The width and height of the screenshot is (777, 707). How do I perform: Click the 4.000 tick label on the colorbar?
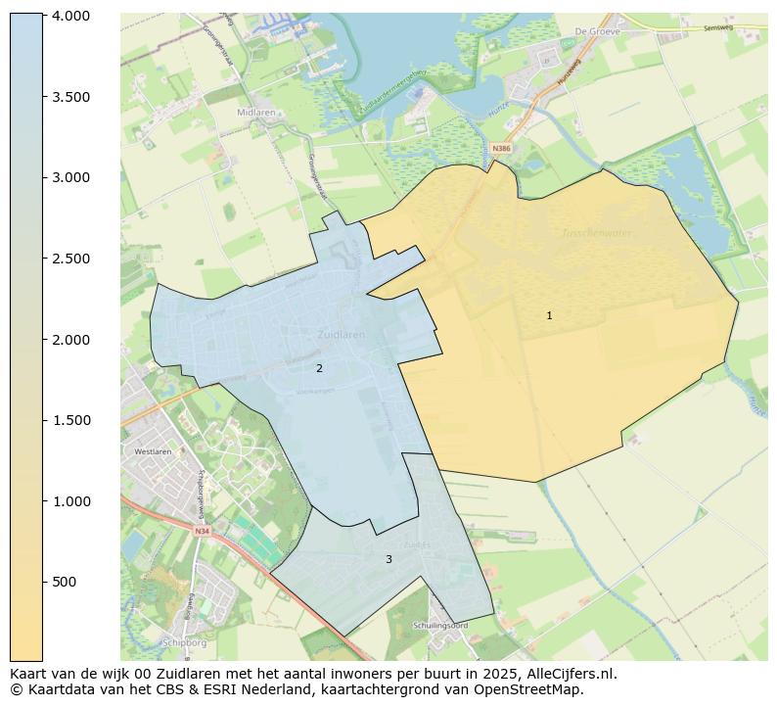tap(70, 16)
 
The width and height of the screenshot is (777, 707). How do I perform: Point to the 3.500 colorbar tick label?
tap(70, 97)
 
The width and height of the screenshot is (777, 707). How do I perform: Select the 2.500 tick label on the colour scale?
tap(70, 259)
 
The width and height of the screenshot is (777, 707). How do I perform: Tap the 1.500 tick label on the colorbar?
tap(70, 420)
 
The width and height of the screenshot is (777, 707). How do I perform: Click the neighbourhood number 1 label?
tap(549, 315)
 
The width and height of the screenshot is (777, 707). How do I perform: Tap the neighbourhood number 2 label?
tap(319, 368)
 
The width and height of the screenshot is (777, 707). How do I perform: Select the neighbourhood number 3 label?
tap(388, 559)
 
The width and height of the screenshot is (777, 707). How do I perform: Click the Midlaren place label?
tap(255, 113)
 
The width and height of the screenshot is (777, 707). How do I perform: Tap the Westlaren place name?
tap(153, 451)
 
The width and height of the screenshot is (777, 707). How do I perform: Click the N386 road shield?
tap(501, 149)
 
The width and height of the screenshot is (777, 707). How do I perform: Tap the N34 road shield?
tap(202, 531)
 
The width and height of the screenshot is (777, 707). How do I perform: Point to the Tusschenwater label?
tap(597, 233)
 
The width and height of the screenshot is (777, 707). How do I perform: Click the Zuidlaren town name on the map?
tap(342, 334)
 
